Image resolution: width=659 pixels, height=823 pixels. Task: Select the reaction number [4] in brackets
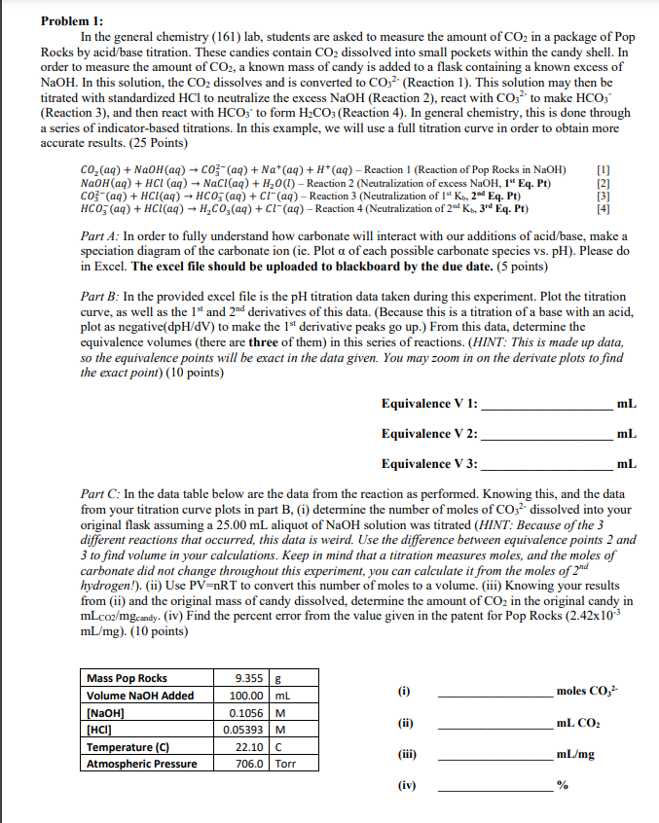coord(632,208)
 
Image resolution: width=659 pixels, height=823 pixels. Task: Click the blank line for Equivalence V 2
coord(545,434)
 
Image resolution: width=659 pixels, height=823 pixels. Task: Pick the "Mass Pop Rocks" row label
coord(128,679)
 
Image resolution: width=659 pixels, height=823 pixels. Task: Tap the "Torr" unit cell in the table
coord(285,764)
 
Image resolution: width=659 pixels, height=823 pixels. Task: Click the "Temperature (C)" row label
coord(131,747)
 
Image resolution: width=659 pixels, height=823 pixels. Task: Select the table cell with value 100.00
coord(246,696)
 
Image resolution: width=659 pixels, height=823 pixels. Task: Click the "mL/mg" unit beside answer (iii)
coord(573,754)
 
